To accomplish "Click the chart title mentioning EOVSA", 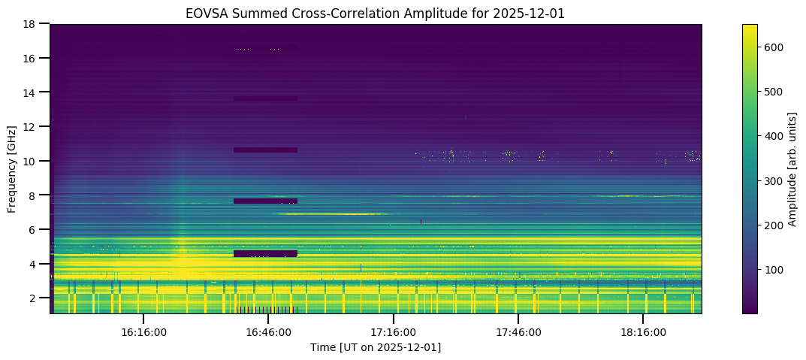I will click(376, 13).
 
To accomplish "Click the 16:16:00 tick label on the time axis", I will click(143, 331).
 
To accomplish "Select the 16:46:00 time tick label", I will click(268, 331).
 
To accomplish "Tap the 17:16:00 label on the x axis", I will click(393, 331).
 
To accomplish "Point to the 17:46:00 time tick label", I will click(518, 331).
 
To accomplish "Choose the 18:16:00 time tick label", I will click(642, 331).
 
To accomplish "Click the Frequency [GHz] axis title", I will click(12, 168).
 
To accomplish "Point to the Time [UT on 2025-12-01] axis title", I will click(376, 347).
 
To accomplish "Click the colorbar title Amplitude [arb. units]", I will click(792, 168).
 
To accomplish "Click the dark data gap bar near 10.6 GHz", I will click(265, 150).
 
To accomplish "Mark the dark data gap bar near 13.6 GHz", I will click(265, 98).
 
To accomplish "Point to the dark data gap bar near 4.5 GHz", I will click(265, 253).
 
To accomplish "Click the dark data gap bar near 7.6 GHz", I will click(265, 201).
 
